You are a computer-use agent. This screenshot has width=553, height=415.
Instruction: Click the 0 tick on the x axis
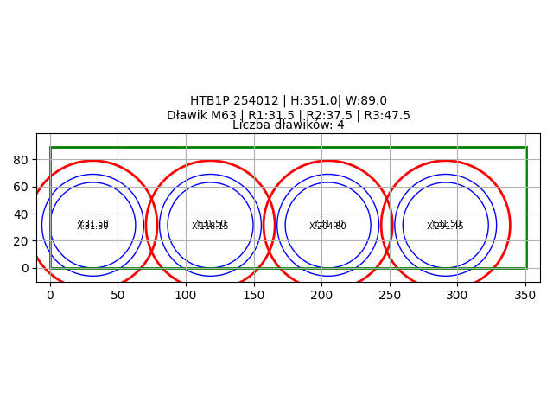[x=50, y=295]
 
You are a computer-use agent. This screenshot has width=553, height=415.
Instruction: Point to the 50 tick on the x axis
[x=118, y=295]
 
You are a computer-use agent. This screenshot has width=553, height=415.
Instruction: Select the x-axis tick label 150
[x=254, y=295]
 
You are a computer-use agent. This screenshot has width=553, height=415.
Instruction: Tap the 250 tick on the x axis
[x=390, y=295]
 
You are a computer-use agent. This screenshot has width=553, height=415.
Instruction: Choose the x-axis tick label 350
[x=525, y=295]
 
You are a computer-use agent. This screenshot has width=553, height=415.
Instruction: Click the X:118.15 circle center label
[x=210, y=227]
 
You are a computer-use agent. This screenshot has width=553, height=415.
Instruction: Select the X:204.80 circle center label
[x=327, y=227]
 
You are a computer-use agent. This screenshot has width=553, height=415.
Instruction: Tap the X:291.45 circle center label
[x=445, y=227]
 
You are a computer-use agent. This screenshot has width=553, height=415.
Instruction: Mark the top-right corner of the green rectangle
[x=526, y=147]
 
